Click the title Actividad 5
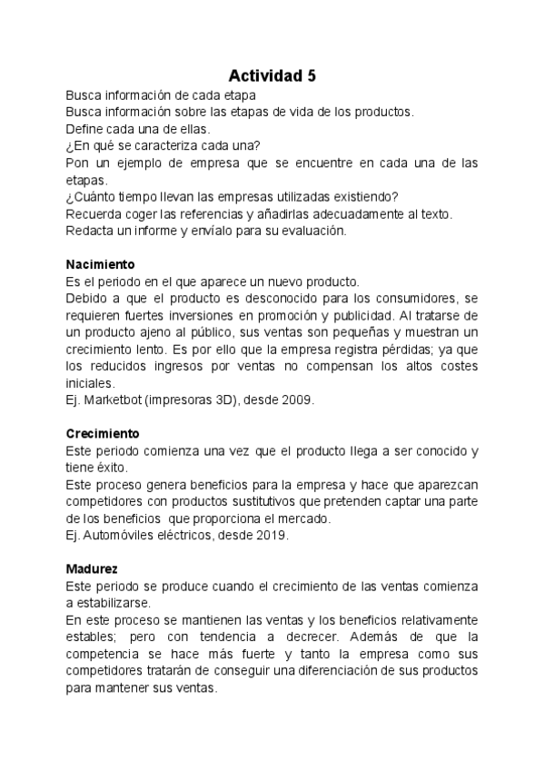pos(272,75)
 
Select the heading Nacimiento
pos(100,264)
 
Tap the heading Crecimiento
pos(102,433)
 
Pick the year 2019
pos(271,536)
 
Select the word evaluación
pos(310,231)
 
